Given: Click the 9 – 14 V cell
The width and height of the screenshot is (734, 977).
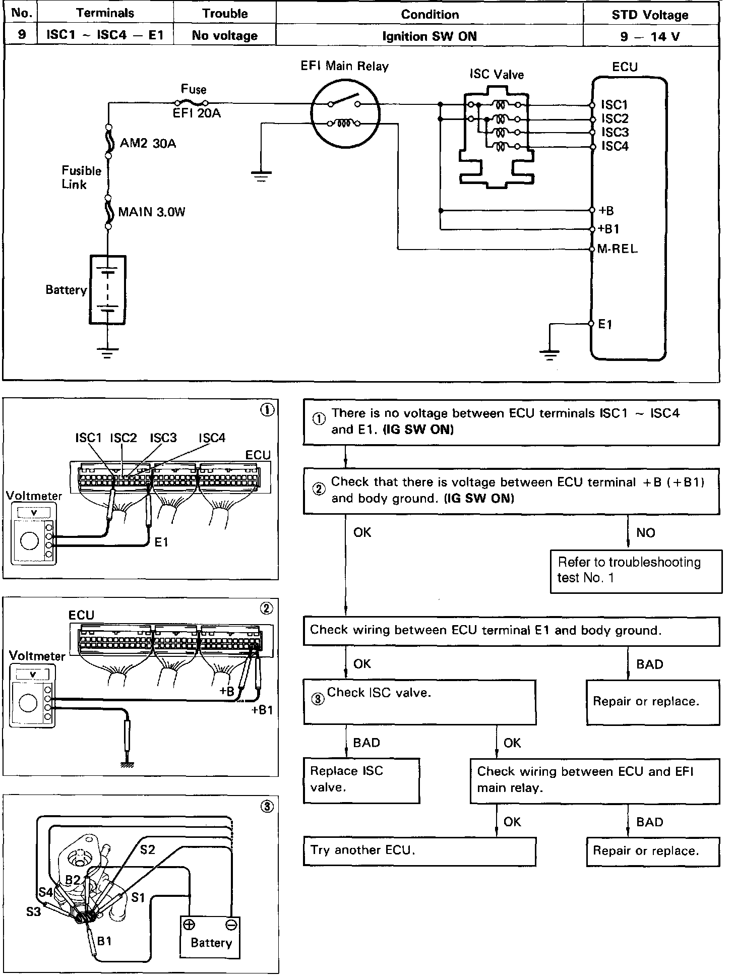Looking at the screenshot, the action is pos(651,36).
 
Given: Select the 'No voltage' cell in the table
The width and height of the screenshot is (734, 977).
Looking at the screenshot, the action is pos(225,36).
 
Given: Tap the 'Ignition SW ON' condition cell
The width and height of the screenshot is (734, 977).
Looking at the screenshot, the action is pos(430,36).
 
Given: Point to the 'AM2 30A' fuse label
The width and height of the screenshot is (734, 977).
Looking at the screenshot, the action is pos(148,144).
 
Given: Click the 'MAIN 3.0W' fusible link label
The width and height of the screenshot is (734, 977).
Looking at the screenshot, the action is pos(152,212).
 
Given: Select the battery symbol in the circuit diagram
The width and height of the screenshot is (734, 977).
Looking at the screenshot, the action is pos(107,290).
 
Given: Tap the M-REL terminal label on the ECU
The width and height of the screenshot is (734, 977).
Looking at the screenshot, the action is pos(617,249).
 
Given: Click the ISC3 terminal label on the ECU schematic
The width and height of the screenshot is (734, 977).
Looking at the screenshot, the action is pos(615,132).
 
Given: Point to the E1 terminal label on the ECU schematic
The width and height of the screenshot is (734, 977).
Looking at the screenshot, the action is pos(605,324).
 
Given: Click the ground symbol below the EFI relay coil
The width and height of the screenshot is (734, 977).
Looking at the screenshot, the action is pos(261,176).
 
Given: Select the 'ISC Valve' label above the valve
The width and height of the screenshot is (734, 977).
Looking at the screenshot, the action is pos(497,75).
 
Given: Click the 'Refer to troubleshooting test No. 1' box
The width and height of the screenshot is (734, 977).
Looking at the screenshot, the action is pos(636,571).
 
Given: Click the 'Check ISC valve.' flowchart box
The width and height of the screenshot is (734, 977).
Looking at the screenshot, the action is pos(419,702).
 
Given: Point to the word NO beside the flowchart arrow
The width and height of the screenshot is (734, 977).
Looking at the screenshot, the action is pos(646,533).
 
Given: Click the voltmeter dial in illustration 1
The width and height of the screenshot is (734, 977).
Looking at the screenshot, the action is pos(29,541).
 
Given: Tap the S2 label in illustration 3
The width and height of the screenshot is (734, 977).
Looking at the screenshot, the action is pos(148,850).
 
